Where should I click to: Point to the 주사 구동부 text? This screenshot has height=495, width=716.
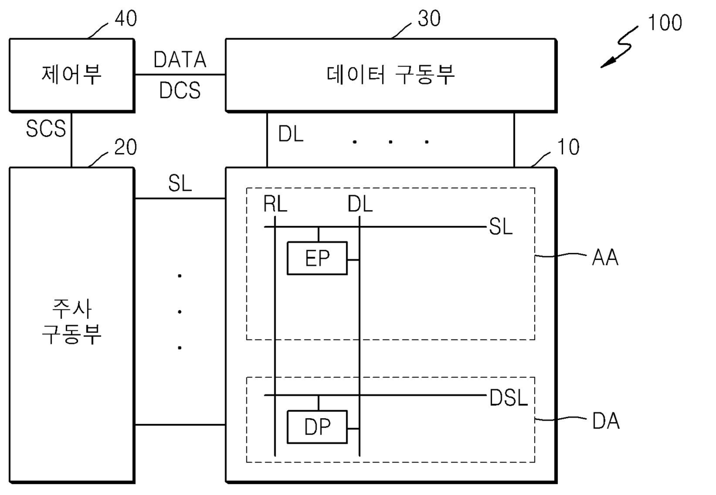pos(72,321)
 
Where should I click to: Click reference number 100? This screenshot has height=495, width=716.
pos(665,23)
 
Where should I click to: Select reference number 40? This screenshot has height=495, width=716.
pos(126,18)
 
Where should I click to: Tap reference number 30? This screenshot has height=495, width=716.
pos(429,18)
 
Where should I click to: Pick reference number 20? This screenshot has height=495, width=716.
pos(126,147)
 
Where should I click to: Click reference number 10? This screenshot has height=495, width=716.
pos(568,147)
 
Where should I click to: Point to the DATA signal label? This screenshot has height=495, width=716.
pos(180,59)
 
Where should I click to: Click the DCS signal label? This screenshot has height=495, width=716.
pos(180,90)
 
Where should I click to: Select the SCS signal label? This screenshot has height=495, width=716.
pos(46,129)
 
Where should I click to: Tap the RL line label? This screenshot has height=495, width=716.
pos(275,204)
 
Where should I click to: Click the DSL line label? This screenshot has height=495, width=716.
pos(509,398)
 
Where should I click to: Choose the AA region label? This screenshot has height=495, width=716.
pos(605,258)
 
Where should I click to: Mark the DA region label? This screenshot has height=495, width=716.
pos(606,421)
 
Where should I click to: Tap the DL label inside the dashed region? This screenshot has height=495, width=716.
pos(360,204)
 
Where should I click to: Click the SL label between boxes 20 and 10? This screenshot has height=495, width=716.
pos(180,184)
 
